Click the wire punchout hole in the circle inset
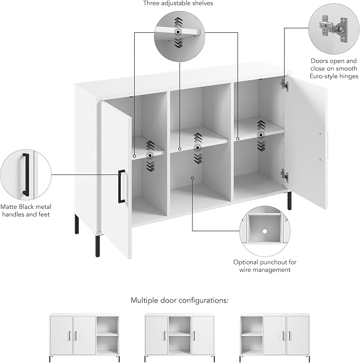click(264, 231)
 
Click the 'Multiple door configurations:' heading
click(180, 300)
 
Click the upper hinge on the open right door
click(285, 84)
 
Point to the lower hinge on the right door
click(285, 175)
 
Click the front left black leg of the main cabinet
click(98, 244)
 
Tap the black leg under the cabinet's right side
click(289, 200)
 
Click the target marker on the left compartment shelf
click(150, 155)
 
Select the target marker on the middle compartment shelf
click(197, 147)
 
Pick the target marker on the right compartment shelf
click(261, 135)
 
